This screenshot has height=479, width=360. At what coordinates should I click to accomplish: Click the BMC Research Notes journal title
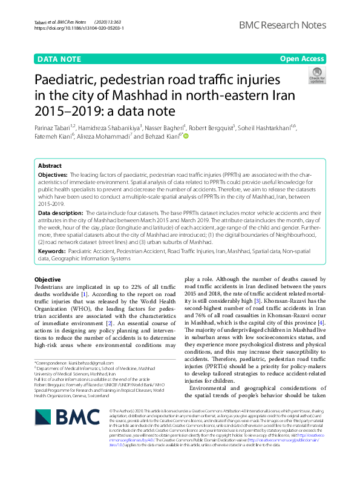click(283, 25)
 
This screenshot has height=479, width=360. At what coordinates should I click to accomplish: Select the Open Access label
click(301, 59)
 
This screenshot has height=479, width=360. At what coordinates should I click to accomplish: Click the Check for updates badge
click(316, 75)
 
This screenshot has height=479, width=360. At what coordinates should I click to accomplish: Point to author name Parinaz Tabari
click(53, 127)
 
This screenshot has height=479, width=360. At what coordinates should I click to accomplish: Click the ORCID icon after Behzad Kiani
click(186, 136)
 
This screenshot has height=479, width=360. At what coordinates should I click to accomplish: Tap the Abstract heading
click(50, 165)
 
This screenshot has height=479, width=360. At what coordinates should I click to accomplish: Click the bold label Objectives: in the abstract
click(54, 174)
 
